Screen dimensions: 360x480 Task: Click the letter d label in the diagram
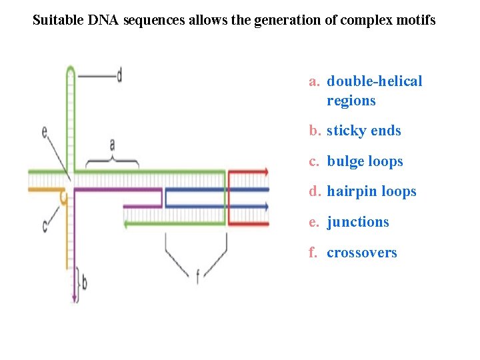[119, 75]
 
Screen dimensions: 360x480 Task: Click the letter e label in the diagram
[44, 133]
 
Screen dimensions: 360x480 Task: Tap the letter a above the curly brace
[112, 144]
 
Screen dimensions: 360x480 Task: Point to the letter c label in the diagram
[45, 227]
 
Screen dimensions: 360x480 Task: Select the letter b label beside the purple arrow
[84, 283]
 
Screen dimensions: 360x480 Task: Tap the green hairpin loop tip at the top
[70, 68]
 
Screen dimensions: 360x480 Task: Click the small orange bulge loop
[64, 197]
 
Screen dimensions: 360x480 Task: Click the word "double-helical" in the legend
[374, 81]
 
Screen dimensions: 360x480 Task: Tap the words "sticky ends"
[363, 131]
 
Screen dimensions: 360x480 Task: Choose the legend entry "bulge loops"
[365, 161]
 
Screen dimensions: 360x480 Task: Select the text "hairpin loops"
[371, 191]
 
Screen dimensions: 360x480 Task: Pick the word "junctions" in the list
[357, 222]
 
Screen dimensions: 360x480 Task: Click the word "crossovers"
[361, 253]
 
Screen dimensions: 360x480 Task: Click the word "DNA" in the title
[103, 20]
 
